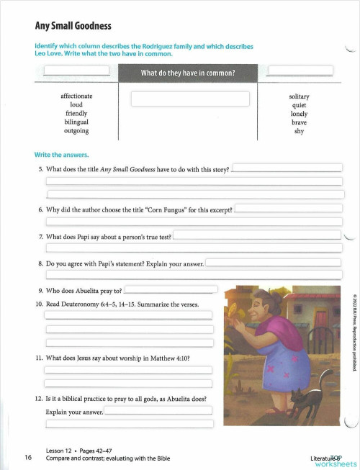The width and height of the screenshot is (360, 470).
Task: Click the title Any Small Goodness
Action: [73, 26]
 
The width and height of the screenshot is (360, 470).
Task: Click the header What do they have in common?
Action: [188, 72]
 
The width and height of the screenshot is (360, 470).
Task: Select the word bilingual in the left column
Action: [76, 122]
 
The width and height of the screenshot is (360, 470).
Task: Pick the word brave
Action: [299, 122]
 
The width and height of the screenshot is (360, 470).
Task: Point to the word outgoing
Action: [76, 131]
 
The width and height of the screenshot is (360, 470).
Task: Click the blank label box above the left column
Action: [76, 71]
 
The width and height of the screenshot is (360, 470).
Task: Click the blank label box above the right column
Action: [300, 71]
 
